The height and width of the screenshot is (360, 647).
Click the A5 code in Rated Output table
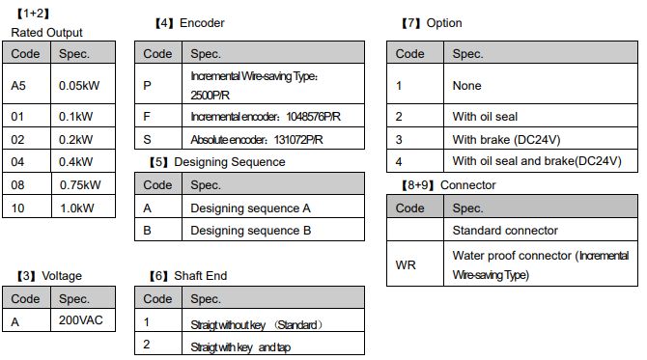18,86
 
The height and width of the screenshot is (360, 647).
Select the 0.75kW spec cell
80,185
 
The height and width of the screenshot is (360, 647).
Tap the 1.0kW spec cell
76,208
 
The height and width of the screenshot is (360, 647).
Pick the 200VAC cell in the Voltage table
80,320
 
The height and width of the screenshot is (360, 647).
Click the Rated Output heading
46,33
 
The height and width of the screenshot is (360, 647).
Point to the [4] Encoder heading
190,23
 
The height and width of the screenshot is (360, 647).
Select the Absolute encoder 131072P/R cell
257,140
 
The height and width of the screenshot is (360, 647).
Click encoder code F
147,117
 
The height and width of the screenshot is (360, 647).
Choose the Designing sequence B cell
250,231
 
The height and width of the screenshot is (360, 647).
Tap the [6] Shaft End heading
188,276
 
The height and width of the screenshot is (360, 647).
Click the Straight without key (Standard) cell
256,325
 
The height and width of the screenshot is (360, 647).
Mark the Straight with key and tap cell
240,347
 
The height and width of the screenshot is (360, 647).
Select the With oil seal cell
485,117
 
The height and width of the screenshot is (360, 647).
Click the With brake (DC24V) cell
506,140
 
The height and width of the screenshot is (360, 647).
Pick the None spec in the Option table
466,86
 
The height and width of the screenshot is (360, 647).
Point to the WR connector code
406,265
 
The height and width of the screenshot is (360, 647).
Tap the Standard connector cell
505,231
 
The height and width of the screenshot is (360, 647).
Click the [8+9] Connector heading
449,185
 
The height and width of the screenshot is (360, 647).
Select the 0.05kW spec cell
79,86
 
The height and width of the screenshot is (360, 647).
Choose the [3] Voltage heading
49,276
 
